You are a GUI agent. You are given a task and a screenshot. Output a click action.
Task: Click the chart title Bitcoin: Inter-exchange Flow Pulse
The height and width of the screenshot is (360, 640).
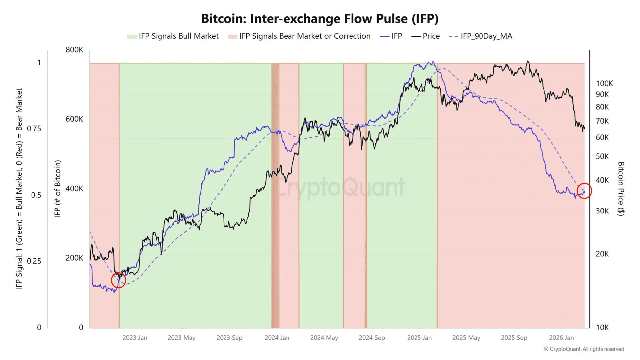320,19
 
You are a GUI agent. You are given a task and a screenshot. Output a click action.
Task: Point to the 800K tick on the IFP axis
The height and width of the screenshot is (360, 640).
74,50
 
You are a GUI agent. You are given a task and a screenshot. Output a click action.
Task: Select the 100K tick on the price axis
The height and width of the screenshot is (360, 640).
604,84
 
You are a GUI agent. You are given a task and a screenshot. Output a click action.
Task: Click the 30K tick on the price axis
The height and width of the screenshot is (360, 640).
602,211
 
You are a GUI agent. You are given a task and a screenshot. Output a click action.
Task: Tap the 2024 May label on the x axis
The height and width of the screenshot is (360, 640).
324,338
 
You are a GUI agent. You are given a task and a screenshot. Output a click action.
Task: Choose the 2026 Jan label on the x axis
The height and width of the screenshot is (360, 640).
561,338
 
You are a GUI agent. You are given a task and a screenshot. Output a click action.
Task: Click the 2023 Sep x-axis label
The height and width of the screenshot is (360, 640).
229,338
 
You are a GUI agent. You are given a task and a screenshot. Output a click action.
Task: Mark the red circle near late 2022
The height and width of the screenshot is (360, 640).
118,280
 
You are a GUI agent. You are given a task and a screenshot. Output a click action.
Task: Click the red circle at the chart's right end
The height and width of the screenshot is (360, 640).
584,191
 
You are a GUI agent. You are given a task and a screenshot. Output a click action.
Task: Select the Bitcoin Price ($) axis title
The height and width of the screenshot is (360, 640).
621,189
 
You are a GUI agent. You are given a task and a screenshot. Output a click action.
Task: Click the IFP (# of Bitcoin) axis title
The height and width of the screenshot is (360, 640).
58,189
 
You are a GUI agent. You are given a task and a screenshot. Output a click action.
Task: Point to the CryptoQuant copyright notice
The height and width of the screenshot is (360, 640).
584,349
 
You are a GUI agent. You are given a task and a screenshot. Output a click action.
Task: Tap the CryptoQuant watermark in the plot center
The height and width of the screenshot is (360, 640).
340,187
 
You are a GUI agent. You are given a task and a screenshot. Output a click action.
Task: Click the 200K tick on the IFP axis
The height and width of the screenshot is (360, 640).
74,258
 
